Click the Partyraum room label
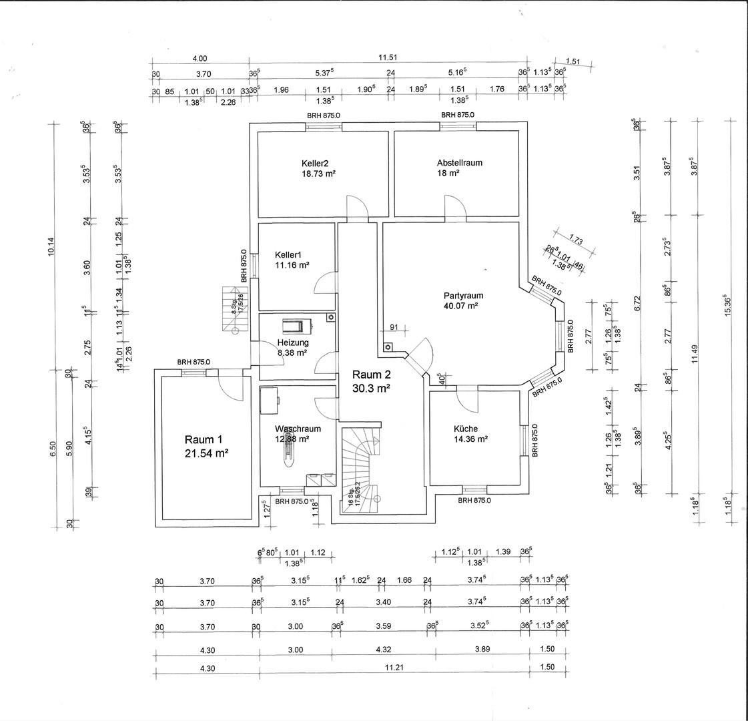(x=463, y=295)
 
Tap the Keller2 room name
(x=315, y=162)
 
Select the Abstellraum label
(x=459, y=162)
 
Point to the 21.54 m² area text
(x=207, y=453)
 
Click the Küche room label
(x=466, y=429)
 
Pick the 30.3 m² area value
(x=371, y=387)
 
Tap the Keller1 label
(x=288, y=254)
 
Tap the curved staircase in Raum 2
(x=360, y=467)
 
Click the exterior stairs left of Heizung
(x=234, y=308)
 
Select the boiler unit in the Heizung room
(x=295, y=326)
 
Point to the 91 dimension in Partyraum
(x=394, y=327)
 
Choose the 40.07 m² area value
(x=463, y=306)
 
